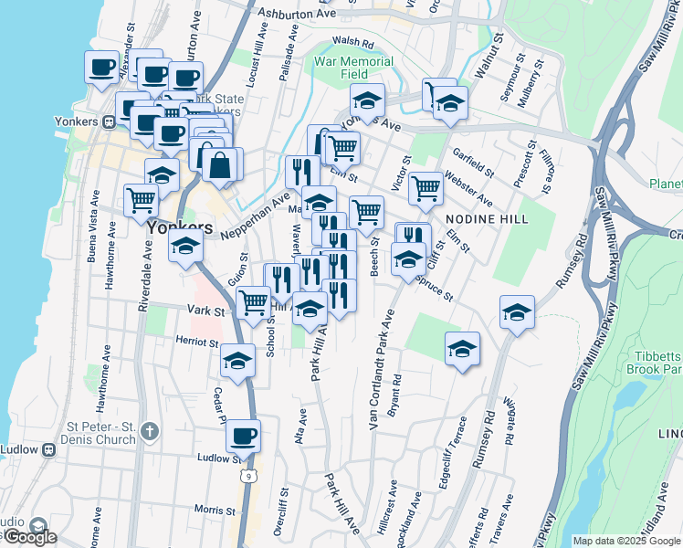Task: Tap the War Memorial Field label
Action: coord(353,68)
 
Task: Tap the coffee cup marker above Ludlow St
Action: coord(243,436)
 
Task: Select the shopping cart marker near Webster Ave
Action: coord(426,187)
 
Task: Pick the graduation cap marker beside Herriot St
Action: coord(237,359)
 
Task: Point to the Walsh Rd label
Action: coord(354,42)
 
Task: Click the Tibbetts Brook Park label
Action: coord(654,363)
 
